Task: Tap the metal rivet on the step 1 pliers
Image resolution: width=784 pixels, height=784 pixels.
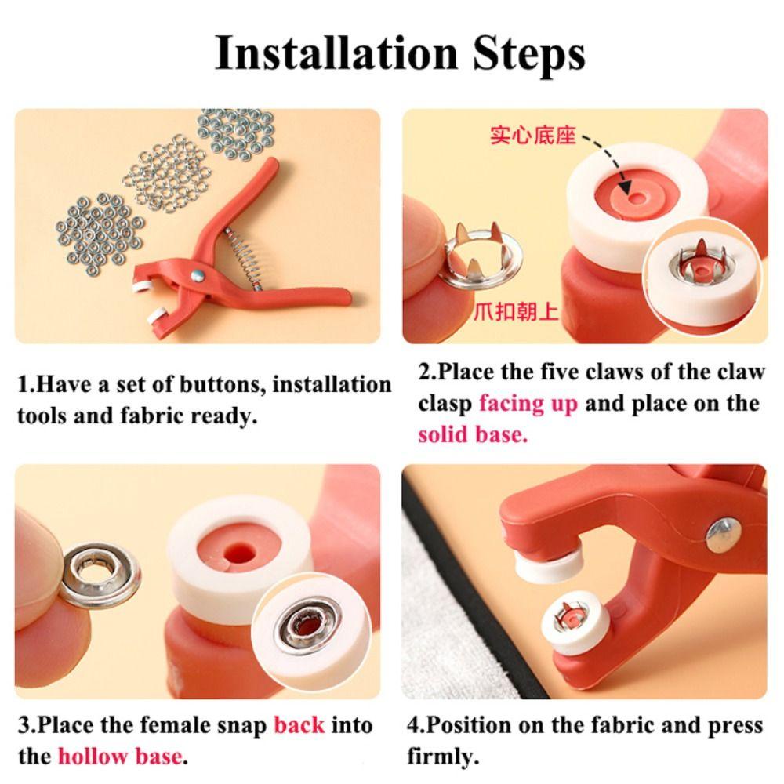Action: click(198, 275)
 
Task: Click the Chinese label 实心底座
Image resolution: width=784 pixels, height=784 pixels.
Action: click(533, 136)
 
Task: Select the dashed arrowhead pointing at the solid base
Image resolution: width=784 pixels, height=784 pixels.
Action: click(625, 187)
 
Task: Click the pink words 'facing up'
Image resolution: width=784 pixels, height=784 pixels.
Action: click(528, 404)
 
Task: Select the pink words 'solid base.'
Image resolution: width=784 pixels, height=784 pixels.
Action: click(473, 434)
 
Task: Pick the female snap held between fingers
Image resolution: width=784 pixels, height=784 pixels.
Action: click(101, 575)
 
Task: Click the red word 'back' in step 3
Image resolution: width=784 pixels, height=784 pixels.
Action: click(299, 725)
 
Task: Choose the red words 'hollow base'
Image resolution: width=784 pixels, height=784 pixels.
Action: click(120, 756)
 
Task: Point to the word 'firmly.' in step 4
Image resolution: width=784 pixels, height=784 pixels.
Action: click(443, 757)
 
